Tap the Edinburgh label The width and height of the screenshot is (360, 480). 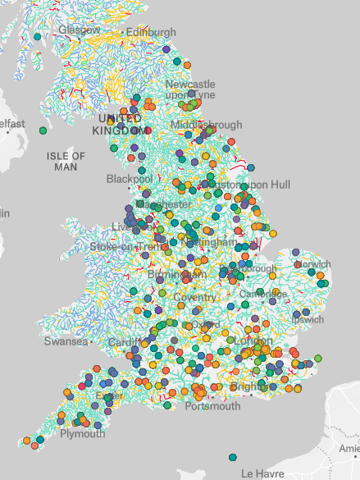pyautogui.click(x=151, y=33)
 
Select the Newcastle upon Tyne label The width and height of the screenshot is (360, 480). pyautogui.click(x=190, y=89)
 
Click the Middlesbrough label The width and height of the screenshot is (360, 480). pyautogui.click(x=207, y=126)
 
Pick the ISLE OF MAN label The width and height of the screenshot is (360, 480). pyautogui.click(x=66, y=161)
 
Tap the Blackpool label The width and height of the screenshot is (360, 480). pyautogui.click(x=130, y=179)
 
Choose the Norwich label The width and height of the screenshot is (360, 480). pyautogui.click(x=313, y=264)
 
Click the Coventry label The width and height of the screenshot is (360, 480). pyautogui.click(x=195, y=297)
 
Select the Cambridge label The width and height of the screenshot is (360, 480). pyautogui.click(x=262, y=294)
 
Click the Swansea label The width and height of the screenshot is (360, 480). pyautogui.click(x=66, y=341)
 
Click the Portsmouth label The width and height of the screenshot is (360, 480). pyautogui.click(x=213, y=406)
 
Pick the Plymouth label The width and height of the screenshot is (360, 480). pyautogui.click(x=83, y=434)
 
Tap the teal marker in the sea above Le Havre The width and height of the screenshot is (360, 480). pyautogui.click(x=234, y=457)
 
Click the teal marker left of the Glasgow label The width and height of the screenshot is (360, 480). pyautogui.click(x=38, y=37)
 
